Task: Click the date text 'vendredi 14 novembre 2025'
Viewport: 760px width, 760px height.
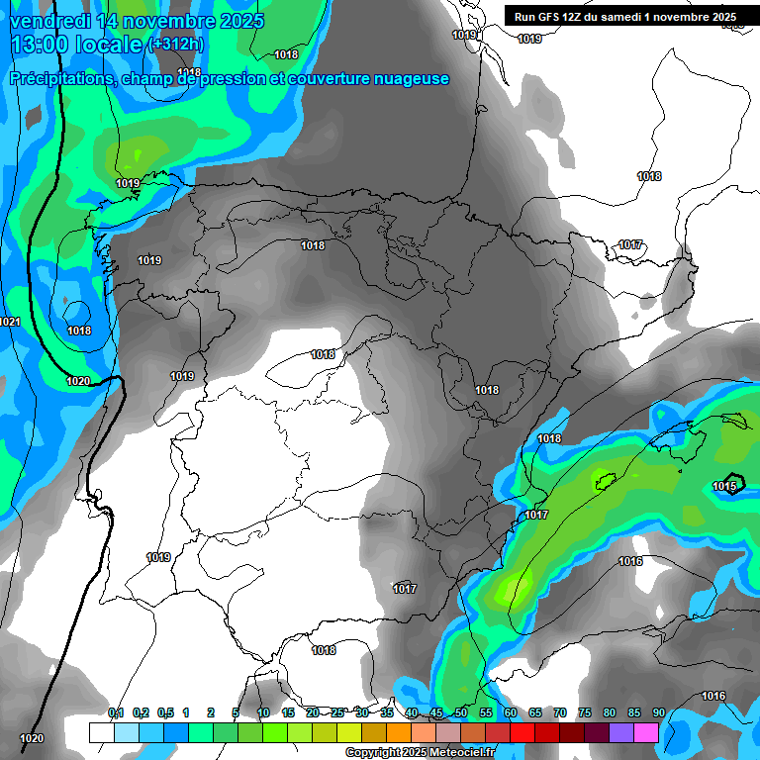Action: pos(138,21)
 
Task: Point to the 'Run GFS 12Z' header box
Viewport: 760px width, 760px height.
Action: pos(624,16)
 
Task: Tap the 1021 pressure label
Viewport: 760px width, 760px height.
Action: pos(10,322)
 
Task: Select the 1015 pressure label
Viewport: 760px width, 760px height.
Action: pos(724,486)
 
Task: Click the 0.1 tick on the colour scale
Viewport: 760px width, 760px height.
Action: pos(115,712)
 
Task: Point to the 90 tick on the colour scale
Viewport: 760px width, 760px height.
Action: pos(658,712)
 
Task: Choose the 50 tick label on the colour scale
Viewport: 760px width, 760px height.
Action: pos(460,712)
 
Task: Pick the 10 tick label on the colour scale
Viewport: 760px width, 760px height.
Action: pos(262,712)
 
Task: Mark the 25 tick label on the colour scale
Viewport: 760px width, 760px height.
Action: pos(336,712)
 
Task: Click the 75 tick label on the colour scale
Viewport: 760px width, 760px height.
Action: pos(584,712)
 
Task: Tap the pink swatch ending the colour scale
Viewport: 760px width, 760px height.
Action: pos(646,732)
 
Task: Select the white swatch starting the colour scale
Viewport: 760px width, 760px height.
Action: pos(101,732)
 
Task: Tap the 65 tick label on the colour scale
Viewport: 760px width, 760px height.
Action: pos(534,712)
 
